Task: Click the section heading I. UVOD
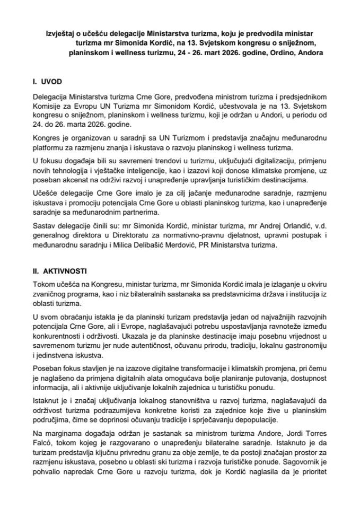coord(47,82)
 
